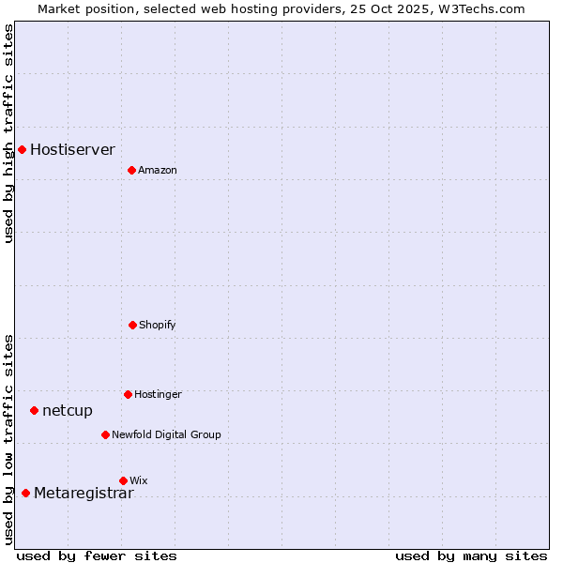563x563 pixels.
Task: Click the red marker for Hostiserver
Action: point(22,149)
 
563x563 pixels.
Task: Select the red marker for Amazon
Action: point(131,170)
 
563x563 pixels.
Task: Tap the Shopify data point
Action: point(132,325)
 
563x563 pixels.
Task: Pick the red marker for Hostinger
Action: point(128,394)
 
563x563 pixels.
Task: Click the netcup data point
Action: point(34,410)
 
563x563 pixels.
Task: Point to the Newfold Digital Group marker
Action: point(105,434)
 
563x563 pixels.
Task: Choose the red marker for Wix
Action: point(123,480)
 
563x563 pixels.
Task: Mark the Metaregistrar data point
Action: point(25,493)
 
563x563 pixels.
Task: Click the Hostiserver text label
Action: point(72,149)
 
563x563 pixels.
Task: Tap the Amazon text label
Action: point(158,170)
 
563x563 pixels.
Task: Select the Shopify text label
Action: point(158,325)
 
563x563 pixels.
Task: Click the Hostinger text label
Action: point(158,394)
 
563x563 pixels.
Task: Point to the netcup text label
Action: point(68,410)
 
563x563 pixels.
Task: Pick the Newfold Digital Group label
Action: point(166,434)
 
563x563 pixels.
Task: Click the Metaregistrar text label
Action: point(84,494)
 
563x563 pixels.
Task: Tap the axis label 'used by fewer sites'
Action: point(97,555)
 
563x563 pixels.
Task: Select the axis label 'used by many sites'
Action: point(471,555)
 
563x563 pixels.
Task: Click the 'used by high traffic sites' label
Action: point(8,133)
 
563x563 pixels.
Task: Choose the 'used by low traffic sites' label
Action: point(8,439)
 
